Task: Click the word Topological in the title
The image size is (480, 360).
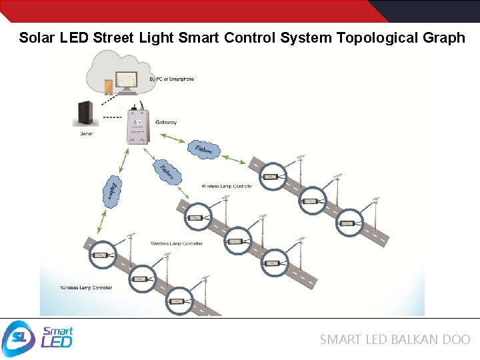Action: (x=377, y=37)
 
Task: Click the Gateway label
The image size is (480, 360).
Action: (x=166, y=123)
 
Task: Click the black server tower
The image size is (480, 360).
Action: (x=85, y=115)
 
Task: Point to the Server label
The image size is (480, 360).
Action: (x=87, y=134)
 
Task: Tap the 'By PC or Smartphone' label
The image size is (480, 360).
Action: (x=172, y=79)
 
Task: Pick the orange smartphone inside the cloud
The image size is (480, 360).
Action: (x=108, y=87)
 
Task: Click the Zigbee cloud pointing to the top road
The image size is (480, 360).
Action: (x=203, y=149)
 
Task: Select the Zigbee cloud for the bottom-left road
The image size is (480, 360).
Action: (x=112, y=191)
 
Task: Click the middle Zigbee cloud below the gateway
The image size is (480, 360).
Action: (x=167, y=172)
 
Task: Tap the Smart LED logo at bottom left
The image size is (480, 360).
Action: (x=39, y=339)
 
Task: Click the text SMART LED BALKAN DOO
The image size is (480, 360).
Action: (x=395, y=339)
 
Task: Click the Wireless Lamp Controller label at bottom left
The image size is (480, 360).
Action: (x=86, y=288)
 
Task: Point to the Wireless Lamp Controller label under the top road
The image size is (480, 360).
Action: (x=227, y=187)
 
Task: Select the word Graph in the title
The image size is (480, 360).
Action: (x=444, y=37)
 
